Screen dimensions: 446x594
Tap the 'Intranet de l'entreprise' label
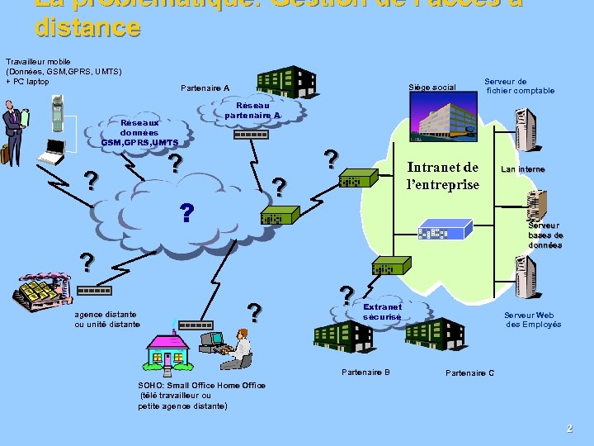pos(443,176)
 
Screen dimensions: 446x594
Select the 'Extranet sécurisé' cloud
pos(382,311)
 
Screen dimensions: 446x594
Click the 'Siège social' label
pos(432,88)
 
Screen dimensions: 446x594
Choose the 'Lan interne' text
pos(523,169)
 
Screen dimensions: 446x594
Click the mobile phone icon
pos(57,112)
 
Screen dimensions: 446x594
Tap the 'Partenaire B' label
pos(365,372)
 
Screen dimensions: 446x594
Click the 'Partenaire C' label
pos(469,373)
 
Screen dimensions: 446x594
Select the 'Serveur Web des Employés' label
pos(533,319)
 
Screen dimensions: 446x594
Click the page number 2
pos(568,428)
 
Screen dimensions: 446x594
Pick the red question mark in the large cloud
pos(187,213)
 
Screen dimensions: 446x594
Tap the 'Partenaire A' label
pos(205,88)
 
